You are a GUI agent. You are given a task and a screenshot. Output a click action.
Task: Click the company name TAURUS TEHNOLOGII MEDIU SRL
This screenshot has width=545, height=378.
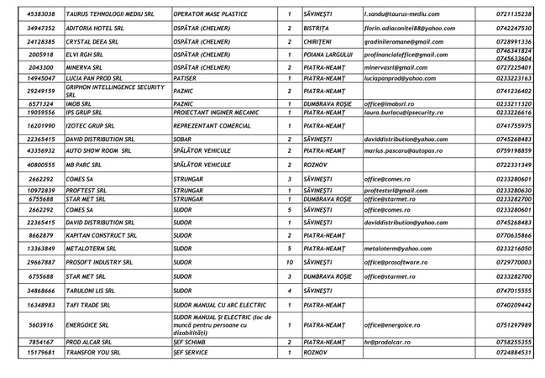coord(111,14)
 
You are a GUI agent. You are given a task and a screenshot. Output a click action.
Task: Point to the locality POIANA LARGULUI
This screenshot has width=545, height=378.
coord(329,54)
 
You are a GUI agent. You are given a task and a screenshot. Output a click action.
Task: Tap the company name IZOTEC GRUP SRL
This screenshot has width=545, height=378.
coord(95,124)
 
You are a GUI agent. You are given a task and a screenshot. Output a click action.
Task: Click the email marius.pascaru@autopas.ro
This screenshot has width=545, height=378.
coord(407,151)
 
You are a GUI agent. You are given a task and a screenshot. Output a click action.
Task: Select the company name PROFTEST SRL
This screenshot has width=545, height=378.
coord(90,191)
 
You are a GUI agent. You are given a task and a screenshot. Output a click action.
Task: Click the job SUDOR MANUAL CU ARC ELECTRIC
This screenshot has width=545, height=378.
coord(218,304)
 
